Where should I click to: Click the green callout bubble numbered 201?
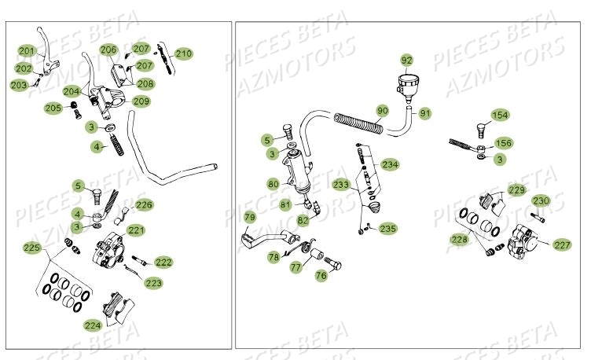pos(28,51)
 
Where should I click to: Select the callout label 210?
pos(183,53)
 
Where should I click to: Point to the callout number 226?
pos(145,205)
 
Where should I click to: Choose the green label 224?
pos(94,323)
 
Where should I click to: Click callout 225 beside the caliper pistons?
pos(31,248)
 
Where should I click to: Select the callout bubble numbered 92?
pos(406,60)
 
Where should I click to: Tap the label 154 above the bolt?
pos(500,116)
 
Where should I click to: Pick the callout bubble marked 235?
pos(387,229)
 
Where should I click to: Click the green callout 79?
pos(249,217)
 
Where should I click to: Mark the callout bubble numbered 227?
pos(562,244)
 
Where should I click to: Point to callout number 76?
pos(321,275)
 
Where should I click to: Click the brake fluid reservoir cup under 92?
pos(408,83)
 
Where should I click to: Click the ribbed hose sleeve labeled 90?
pos(361,123)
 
